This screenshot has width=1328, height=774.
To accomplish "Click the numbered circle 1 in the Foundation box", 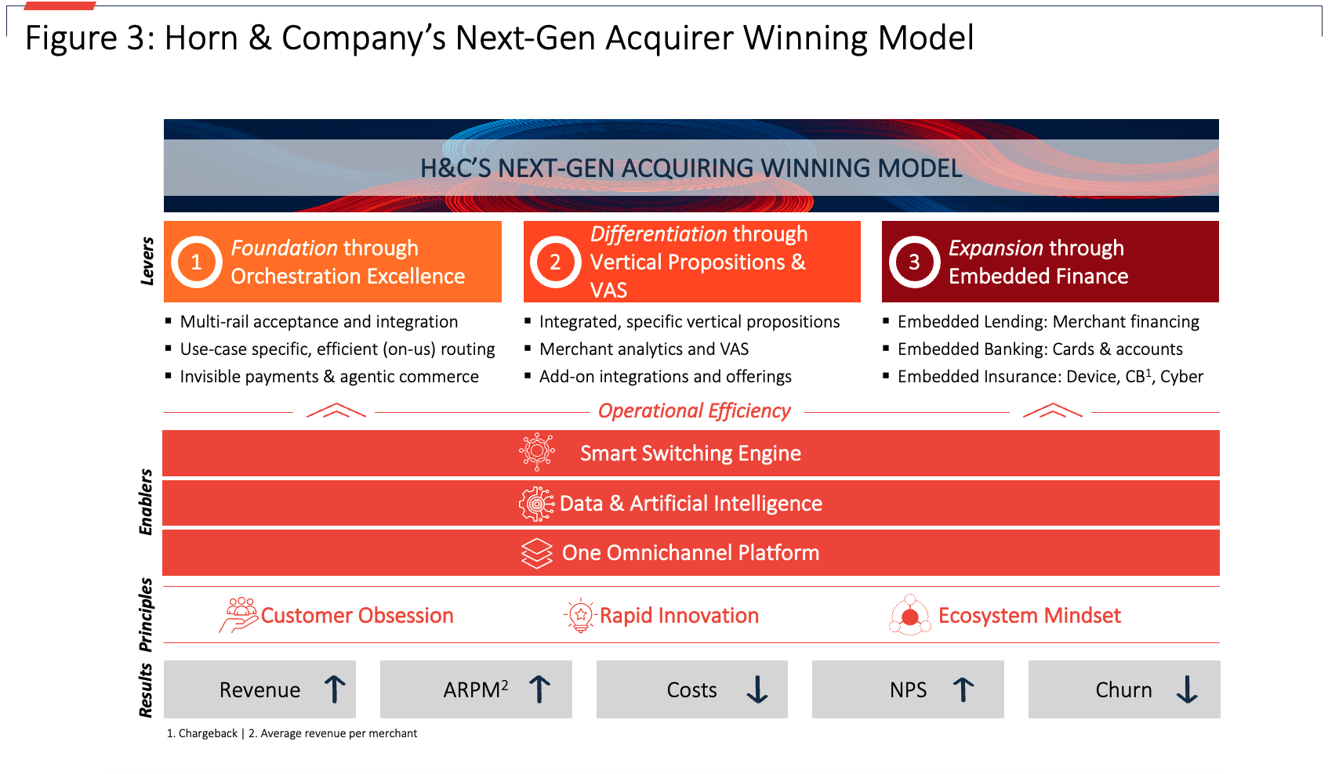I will coord(197,262).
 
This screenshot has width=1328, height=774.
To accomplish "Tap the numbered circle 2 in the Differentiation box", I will coord(555,262).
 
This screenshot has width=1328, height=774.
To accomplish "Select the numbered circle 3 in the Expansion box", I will coord(914,262).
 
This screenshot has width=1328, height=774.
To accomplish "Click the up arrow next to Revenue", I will coord(335,689).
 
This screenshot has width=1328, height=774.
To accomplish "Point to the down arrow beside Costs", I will coord(757,689).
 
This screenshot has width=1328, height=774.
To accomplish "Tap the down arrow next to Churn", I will coord(1187,689).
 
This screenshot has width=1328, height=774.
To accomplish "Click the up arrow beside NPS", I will coord(963,689).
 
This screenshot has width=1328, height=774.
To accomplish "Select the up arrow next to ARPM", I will coord(539,689).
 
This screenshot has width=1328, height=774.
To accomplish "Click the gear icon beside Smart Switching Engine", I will coord(537,452).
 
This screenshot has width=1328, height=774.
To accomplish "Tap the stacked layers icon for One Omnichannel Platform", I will coord(537,553).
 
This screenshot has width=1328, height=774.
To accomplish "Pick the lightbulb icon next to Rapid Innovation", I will coord(580,616).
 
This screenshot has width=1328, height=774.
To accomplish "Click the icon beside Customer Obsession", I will coord(239,615).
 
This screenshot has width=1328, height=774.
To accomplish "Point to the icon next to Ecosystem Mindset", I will coord(909,616).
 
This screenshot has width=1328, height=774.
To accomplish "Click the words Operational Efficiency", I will coord(694,411).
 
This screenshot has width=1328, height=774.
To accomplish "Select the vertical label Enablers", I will coord(146,502).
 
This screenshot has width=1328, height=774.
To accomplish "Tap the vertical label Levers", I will coord(147,261).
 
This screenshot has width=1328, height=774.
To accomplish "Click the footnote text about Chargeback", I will coord(202,733).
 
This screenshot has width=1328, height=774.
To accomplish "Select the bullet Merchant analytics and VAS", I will coord(644,349).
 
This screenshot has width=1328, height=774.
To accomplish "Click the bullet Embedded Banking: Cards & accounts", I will coord(1040,349).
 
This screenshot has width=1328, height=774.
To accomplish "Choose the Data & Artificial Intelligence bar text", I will coord(691,504).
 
